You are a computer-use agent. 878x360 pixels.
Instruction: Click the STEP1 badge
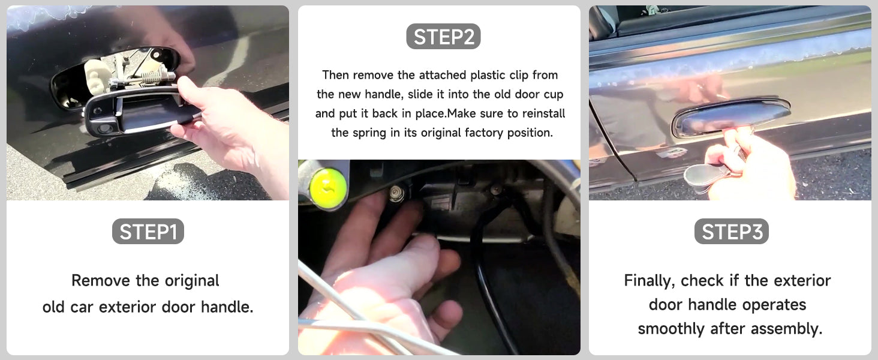coord(148,232)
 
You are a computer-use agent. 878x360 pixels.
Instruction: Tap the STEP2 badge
coord(443,37)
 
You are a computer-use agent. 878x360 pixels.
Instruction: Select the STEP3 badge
coord(732,232)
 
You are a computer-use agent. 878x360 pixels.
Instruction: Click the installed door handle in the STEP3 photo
coord(732,116)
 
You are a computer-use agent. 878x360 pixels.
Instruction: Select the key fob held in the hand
coord(705,176)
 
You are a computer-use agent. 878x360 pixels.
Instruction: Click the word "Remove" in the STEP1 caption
coord(101,280)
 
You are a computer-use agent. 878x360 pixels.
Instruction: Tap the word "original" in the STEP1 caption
coord(192,281)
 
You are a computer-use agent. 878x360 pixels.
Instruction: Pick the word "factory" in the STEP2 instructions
coord(484,133)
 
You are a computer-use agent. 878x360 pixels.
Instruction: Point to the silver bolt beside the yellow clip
coord(397,193)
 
